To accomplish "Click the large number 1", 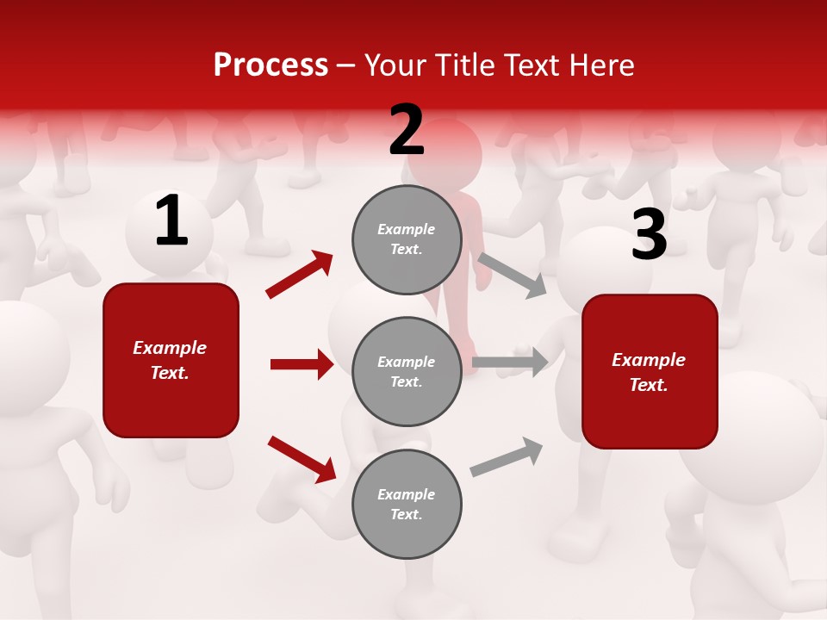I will pyautogui.click(x=171, y=221).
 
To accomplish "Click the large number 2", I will pyautogui.click(x=407, y=131).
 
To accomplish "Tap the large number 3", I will pyautogui.click(x=649, y=236).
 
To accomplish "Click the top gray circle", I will pyautogui.click(x=407, y=239).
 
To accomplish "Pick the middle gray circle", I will pyautogui.click(x=407, y=371).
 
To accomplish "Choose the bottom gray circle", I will pyautogui.click(x=407, y=504).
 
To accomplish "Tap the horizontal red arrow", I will pyautogui.click(x=302, y=364).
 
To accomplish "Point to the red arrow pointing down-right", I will pyautogui.click(x=302, y=458).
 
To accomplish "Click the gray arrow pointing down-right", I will pyautogui.click(x=513, y=275).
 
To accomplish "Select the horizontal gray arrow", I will pyautogui.click(x=510, y=362).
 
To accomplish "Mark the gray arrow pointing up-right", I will pyautogui.click(x=507, y=456).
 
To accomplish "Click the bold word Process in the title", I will pyautogui.click(x=270, y=65).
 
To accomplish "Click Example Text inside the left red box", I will pyautogui.click(x=171, y=360).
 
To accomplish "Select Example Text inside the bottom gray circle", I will pyautogui.click(x=407, y=504).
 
